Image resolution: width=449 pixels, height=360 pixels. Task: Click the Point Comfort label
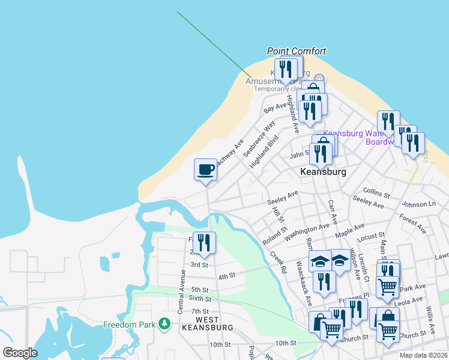pyautogui.click(x=296, y=52)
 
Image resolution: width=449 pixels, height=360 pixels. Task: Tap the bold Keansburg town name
pyautogui.click(x=323, y=172)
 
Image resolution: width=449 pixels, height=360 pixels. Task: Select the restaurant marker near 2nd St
pyautogui.click(x=204, y=242)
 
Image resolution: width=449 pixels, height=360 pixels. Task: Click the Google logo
pyautogui.click(x=20, y=352)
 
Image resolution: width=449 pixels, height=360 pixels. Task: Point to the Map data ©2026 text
pyautogui.click(x=423, y=355)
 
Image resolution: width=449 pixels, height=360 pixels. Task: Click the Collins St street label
pyautogui.click(x=376, y=192)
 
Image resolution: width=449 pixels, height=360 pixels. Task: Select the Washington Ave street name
pyautogui.click(x=307, y=232)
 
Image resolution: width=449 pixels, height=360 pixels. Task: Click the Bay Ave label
pyautogui.click(x=276, y=107)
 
